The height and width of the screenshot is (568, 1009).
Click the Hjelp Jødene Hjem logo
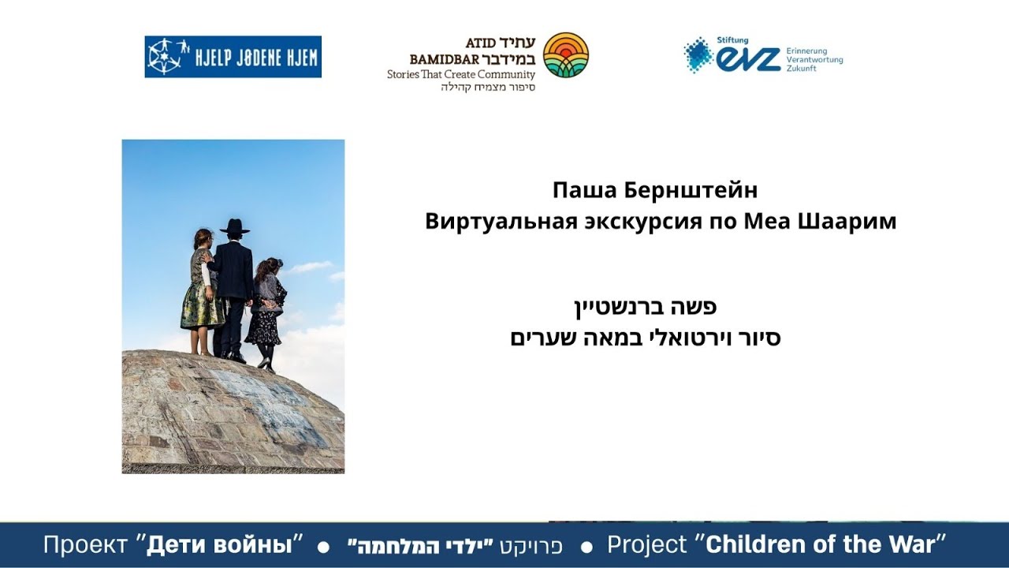[x=233, y=57]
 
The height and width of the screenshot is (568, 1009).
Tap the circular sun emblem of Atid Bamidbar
[x=566, y=55]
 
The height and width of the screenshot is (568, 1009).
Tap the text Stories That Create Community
[x=460, y=75]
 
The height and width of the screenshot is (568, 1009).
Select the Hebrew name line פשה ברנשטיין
[x=645, y=306]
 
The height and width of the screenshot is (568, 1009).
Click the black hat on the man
[x=234, y=226]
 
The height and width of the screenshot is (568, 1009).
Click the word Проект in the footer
[x=85, y=544]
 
